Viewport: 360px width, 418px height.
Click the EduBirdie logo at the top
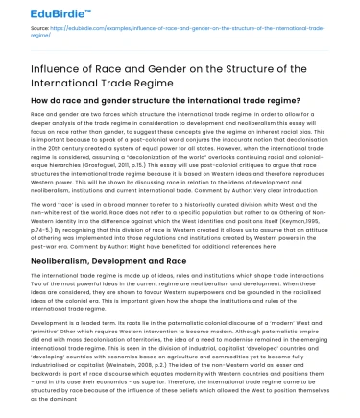pyautogui.click(x=46, y=12)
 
